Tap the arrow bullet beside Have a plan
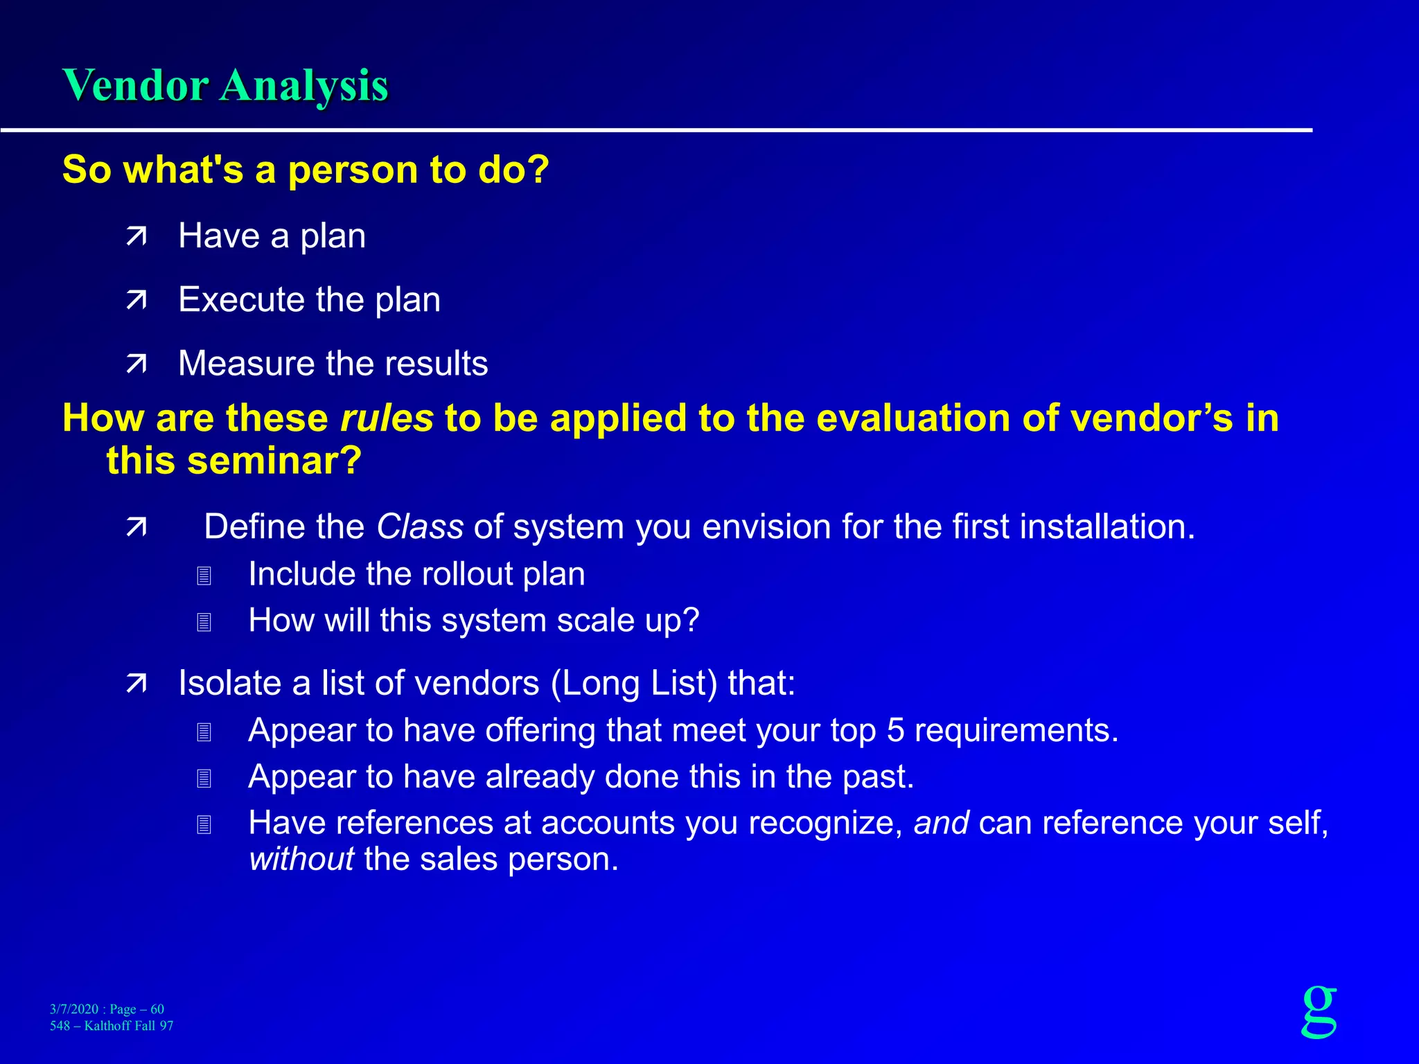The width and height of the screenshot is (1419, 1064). (x=136, y=237)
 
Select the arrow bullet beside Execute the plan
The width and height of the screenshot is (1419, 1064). (x=136, y=300)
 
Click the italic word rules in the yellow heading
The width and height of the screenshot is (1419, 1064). (x=387, y=418)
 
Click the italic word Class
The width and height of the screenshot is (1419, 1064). (x=420, y=527)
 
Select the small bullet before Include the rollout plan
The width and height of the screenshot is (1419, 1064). (x=204, y=576)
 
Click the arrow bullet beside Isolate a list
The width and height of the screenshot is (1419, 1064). (x=136, y=684)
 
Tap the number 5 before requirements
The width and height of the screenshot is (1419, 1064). (x=895, y=731)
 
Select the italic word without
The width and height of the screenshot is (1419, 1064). (x=301, y=860)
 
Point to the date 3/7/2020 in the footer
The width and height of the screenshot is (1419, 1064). (x=74, y=1009)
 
